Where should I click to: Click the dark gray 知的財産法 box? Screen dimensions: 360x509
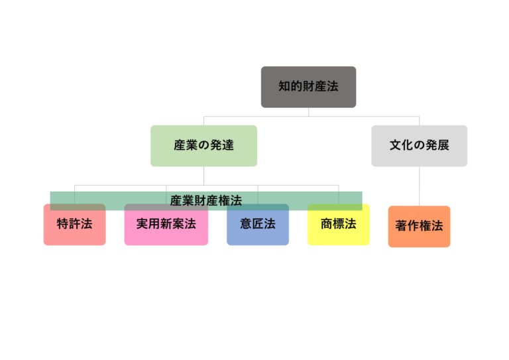308,87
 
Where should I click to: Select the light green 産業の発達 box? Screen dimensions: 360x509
203,145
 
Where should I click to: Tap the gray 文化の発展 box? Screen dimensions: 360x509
419,145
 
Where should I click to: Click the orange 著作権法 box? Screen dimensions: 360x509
419,227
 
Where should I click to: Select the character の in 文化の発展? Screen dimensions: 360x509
419,145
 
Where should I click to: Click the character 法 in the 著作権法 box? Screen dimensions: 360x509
437,226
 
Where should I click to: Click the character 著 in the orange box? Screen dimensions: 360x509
402,226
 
